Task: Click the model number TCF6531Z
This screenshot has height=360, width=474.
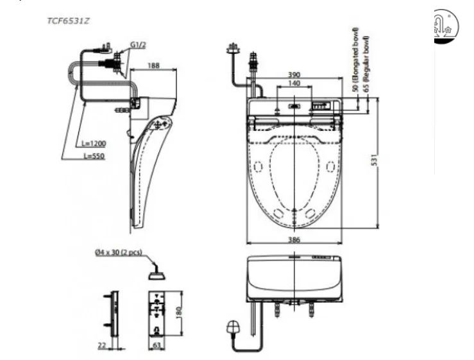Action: [68, 21]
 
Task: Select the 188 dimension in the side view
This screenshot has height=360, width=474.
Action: [153, 65]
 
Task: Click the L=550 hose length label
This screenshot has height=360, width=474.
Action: [93, 156]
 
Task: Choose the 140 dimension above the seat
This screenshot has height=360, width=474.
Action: [294, 84]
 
